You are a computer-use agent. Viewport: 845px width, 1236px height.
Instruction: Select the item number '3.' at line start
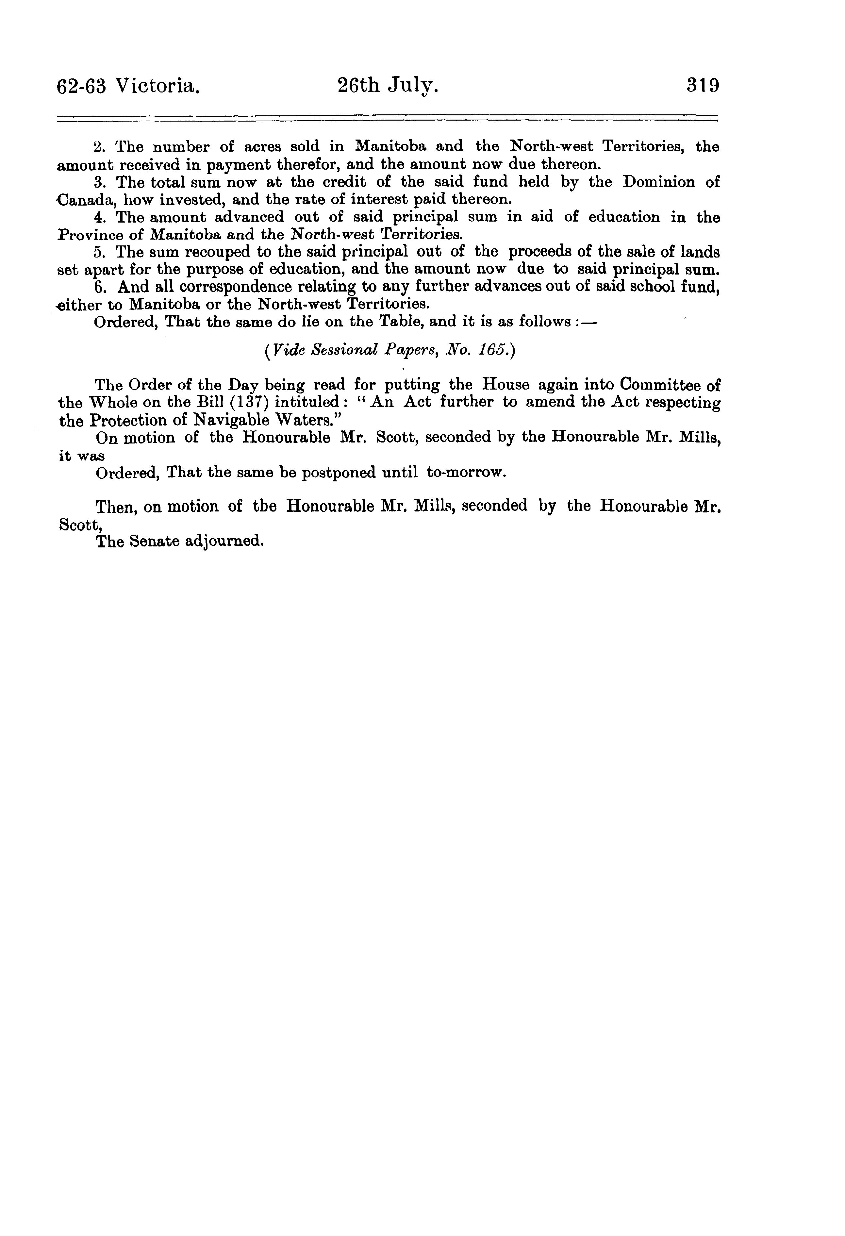pos(101,182)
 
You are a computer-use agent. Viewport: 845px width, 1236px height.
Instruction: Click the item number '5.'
pos(101,252)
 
